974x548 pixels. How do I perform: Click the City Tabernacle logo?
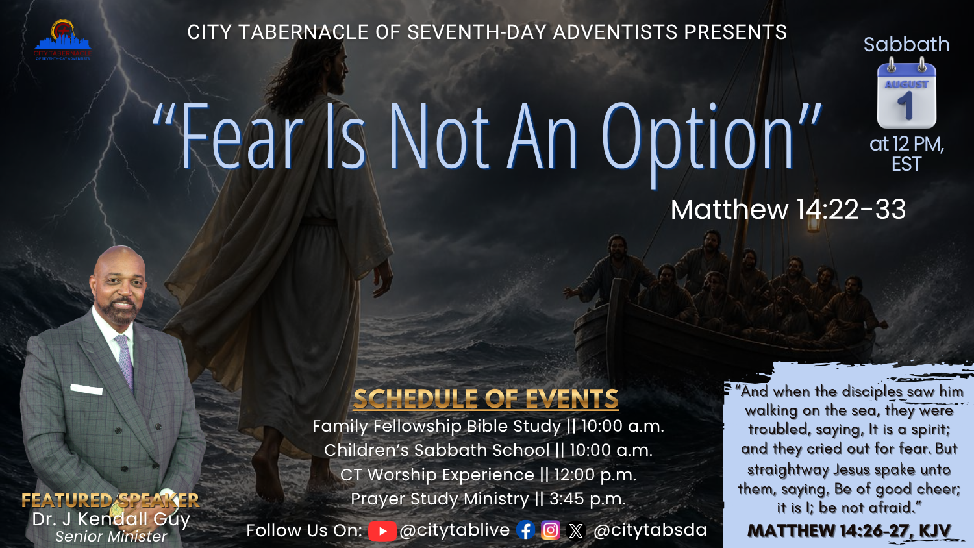(x=62, y=40)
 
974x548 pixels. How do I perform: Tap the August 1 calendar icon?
(x=906, y=93)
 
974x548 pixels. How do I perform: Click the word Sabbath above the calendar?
(x=906, y=44)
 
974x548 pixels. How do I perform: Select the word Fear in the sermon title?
(x=242, y=136)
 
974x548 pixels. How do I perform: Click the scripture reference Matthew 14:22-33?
(x=788, y=210)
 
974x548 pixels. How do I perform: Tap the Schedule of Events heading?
(x=486, y=399)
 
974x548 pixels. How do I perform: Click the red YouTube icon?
(x=382, y=531)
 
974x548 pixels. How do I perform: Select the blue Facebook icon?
(x=526, y=530)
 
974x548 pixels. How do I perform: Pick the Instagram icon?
(x=551, y=530)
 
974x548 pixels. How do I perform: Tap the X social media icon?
(x=576, y=531)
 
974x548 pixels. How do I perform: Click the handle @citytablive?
(x=455, y=530)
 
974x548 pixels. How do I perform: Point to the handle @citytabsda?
(x=650, y=530)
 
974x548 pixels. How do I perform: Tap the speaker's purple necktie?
(x=125, y=362)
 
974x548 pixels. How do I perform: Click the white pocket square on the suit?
(x=86, y=390)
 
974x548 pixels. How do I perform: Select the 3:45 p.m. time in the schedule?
(x=588, y=499)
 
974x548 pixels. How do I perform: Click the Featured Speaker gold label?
(x=110, y=501)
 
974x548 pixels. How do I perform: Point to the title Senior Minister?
(x=111, y=537)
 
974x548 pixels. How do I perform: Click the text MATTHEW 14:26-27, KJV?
(x=849, y=531)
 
